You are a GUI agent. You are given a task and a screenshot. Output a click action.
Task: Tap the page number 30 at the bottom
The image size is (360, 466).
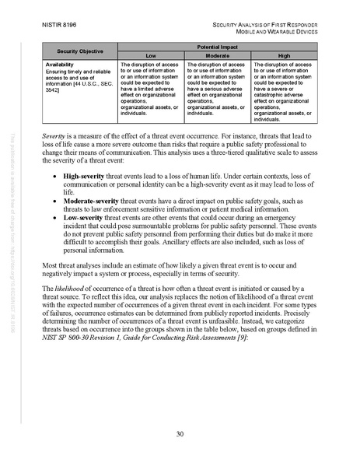(x=180, y=433)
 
